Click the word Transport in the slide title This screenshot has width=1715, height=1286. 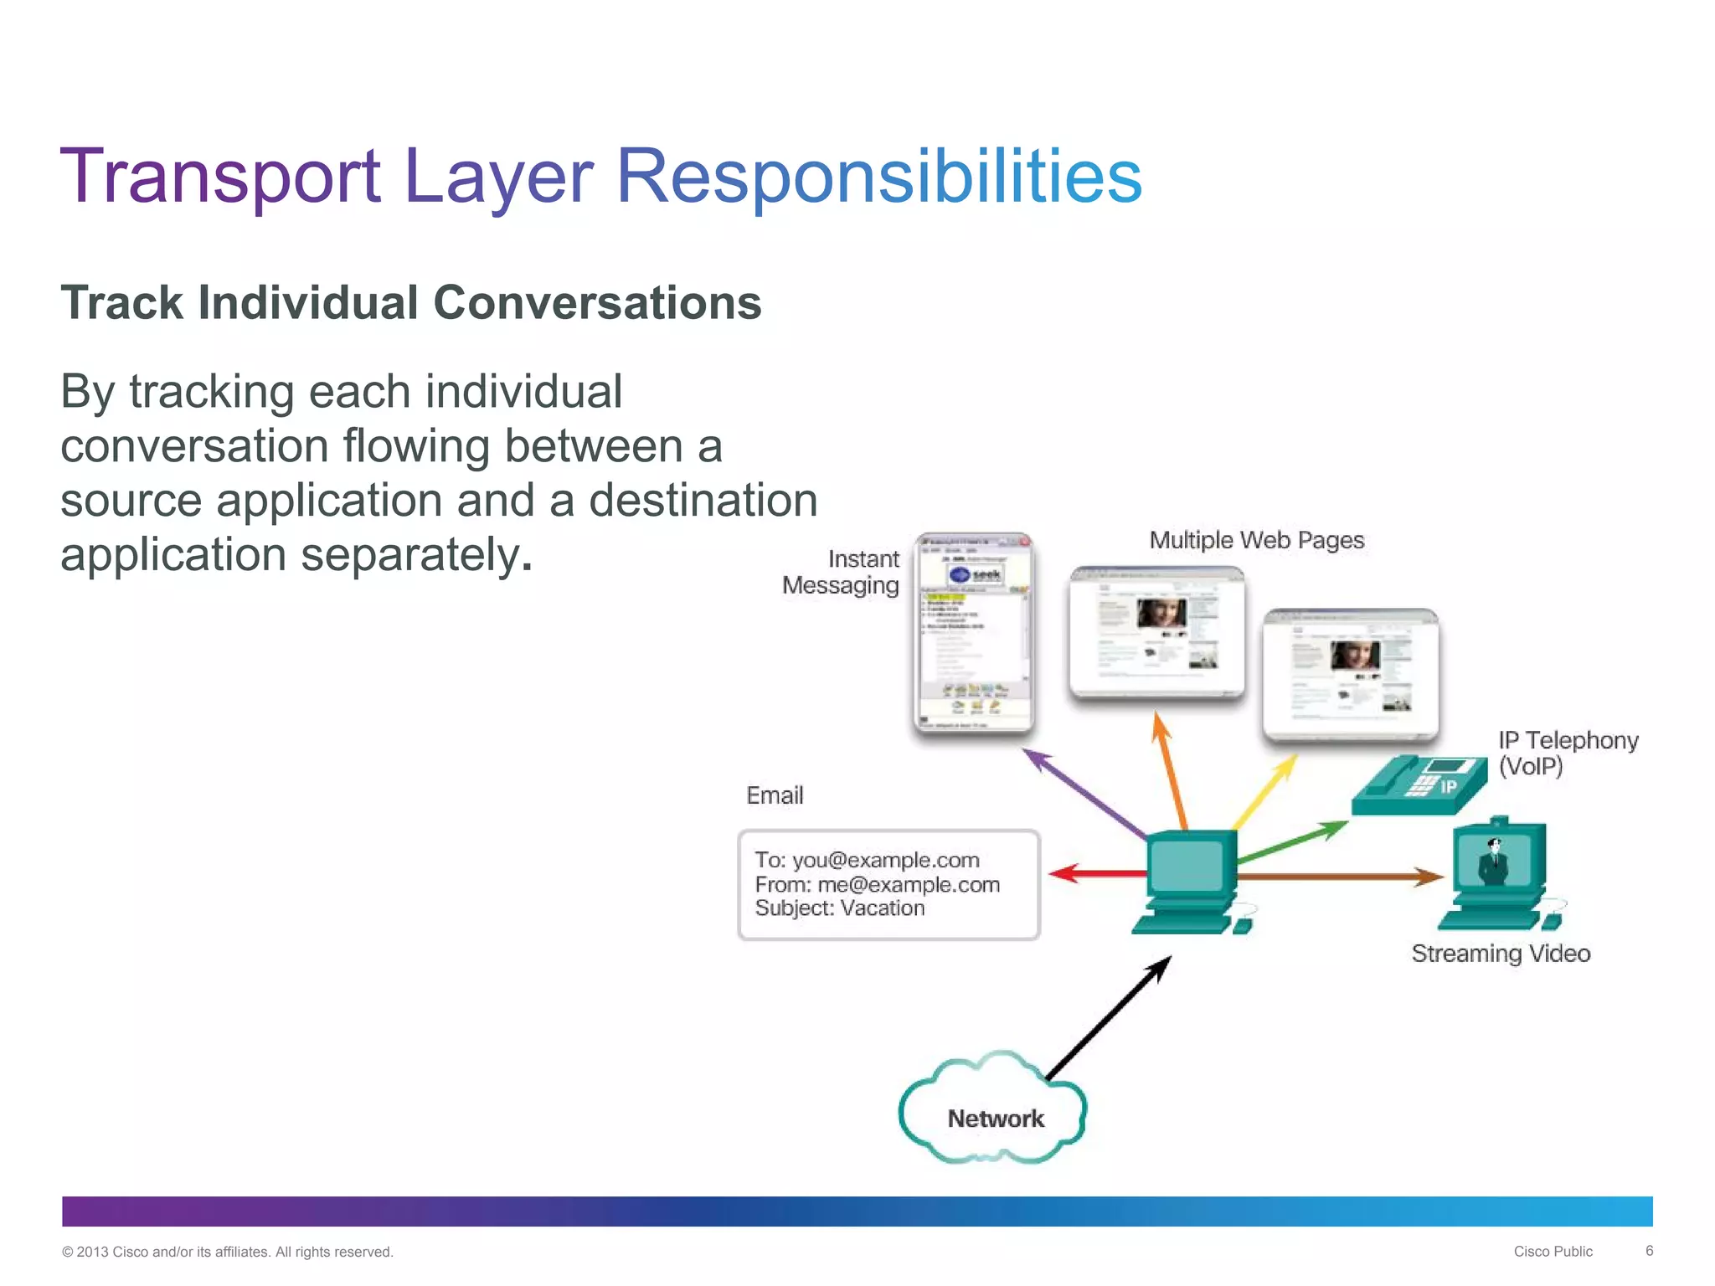click(220, 177)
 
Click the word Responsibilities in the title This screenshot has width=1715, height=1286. click(878, 177)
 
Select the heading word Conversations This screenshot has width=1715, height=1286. click(597, 303)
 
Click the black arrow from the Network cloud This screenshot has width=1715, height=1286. click(1107, 1019)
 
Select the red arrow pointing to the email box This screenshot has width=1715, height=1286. click(1097, 873)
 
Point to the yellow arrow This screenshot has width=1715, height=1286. click(1265, 791)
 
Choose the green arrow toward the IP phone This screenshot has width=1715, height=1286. click(1293, 842)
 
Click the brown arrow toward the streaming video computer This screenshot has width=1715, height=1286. click(1340, 877)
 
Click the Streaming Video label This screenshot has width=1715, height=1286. click(1501, 954)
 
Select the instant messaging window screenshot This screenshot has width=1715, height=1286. click(973, 633)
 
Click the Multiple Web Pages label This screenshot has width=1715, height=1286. click(1256, 541)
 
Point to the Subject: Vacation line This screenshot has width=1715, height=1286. click(839, 908)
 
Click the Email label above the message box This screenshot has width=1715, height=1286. click(775, 795)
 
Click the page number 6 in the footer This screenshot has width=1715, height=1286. click(1649, 1251)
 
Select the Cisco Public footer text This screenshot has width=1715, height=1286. click(1553, 1252)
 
